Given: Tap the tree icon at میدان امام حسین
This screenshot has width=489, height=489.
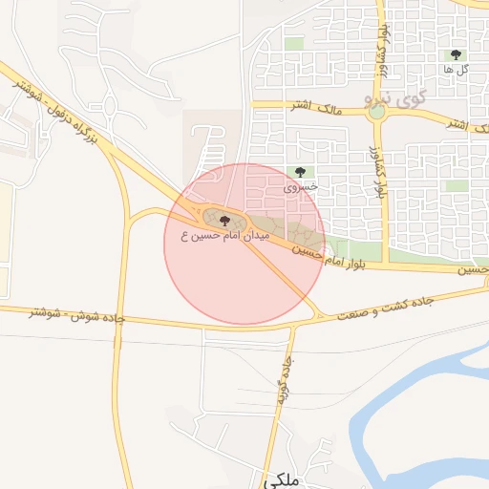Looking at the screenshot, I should click(x=224, y=220).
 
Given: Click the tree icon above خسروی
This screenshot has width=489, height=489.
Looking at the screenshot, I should click(x=301, y=173).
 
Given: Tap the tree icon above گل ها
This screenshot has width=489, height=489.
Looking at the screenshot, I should click(x=456, y=54).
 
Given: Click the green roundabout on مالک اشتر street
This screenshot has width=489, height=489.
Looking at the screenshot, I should click(x=378, y=112).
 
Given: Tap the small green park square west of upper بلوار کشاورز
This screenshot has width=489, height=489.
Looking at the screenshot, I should click(x=294, y=43).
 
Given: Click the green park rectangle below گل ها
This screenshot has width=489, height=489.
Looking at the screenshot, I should click(x=457, y=185).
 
